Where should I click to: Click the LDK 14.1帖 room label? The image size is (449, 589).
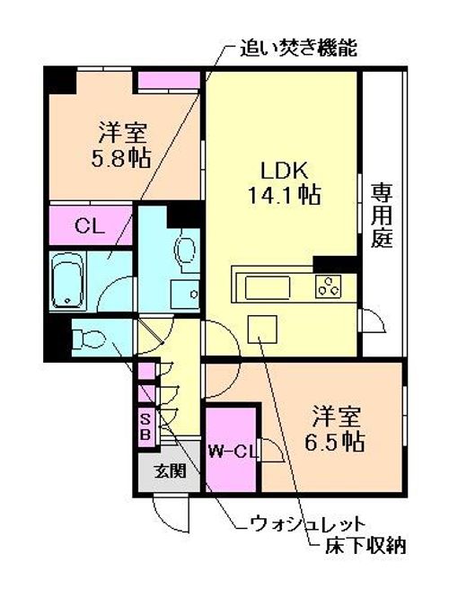284,183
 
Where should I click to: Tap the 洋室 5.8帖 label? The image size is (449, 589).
121,145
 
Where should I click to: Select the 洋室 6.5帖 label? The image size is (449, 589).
335,428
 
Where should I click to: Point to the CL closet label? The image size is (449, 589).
90,226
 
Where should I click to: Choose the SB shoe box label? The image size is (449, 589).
145,426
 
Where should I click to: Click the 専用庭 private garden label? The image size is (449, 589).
382,215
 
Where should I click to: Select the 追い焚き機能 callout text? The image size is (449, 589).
299,48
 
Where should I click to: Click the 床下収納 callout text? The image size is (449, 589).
365,545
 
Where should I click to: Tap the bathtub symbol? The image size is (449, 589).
67,281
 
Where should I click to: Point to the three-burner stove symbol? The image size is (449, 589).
328,286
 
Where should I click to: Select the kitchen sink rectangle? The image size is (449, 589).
268,287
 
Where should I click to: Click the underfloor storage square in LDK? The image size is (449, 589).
262,329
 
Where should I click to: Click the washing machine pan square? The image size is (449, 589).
185,294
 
